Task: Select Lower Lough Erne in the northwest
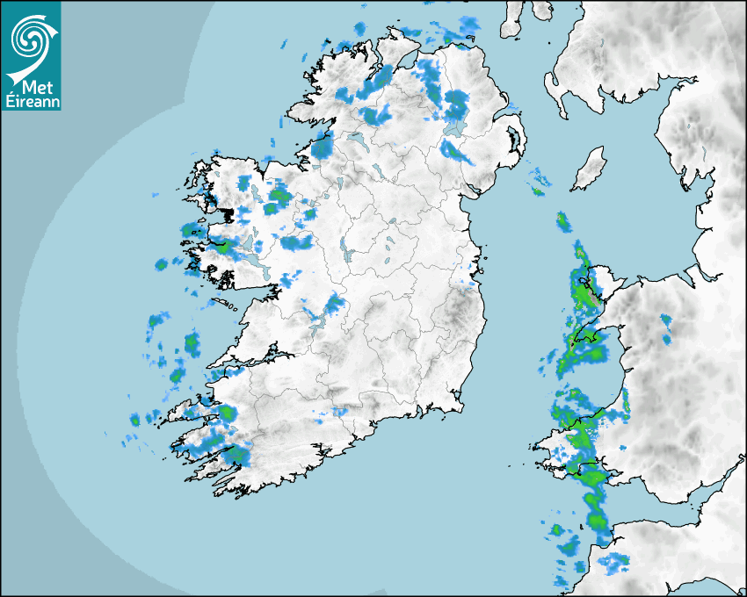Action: [x=357, y=140]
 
